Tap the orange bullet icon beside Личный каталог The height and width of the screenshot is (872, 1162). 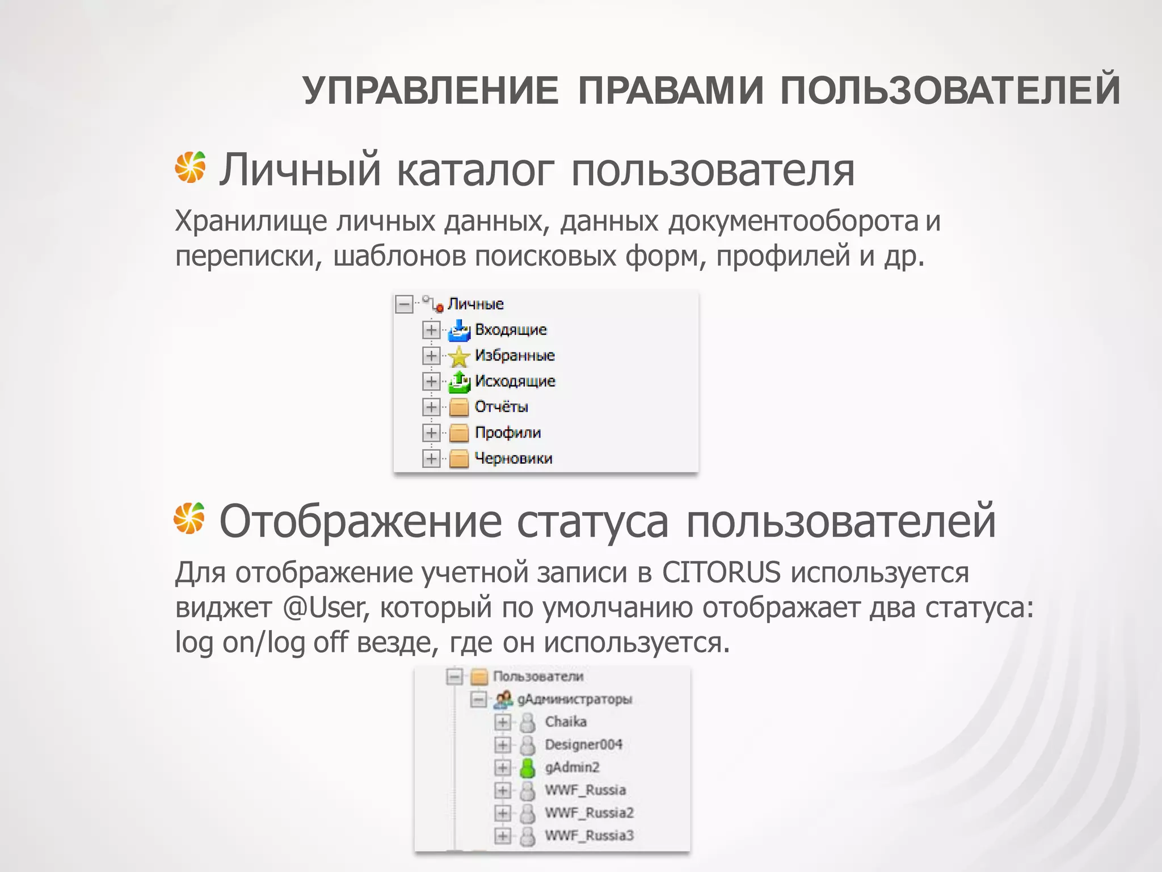click(190, 167)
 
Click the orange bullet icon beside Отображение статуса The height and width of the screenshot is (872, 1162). click(190, 518)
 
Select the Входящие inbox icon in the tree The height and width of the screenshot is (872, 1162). click(459, 330)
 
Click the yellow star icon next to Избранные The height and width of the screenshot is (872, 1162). click(459, 356)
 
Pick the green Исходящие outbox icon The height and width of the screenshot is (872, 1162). click(459, 381)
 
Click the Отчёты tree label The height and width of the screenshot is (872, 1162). click(501, 407)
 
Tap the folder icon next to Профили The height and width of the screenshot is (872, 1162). click(459, 433)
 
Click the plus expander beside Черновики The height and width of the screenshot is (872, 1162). click(431, 458)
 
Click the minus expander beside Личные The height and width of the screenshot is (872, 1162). click(403, 304)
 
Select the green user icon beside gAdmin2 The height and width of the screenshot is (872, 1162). click(528, 768)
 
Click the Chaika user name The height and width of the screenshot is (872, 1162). click(566, 722)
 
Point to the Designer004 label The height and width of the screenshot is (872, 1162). click(583, 744)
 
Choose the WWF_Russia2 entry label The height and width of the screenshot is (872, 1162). click(589, 813)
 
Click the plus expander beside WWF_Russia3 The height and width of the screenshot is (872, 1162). click(502, 836)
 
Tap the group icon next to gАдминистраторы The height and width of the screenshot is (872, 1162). click(503, 699)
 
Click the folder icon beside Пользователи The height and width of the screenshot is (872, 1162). click(480, 676)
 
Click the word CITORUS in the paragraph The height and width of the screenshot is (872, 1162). click(721, 572)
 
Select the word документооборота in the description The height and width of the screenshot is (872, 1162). click(793, 221)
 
